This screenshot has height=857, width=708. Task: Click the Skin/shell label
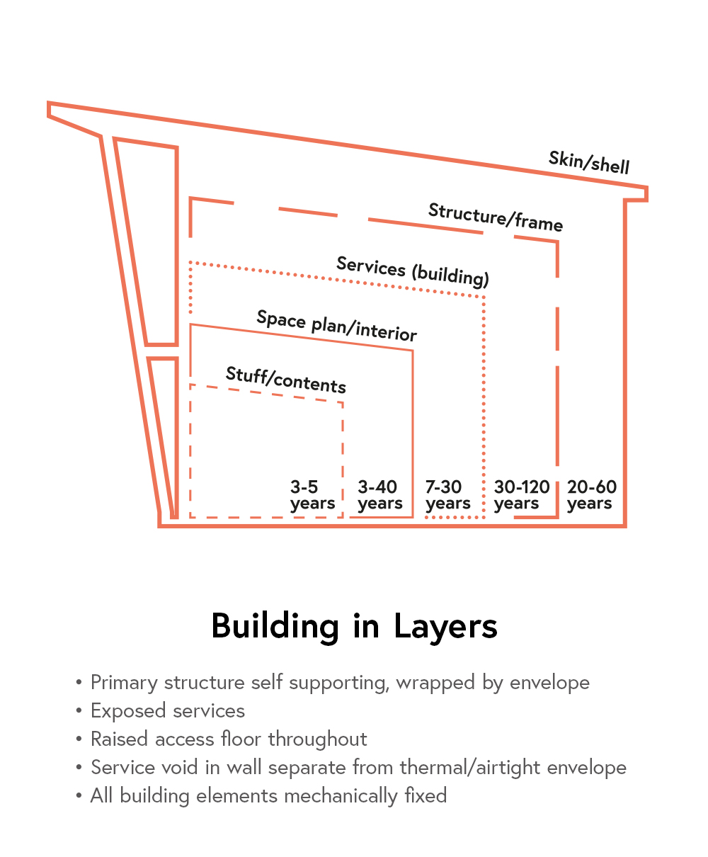(x=589, y=162)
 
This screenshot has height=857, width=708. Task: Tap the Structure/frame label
(x=496, y=217)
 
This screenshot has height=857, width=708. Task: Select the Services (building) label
(x=413, y=271)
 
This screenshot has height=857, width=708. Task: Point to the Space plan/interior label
(x=336, y=326)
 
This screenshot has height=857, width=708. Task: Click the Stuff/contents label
(x=285, y=380)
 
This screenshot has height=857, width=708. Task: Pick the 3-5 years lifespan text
(x=312, y=495)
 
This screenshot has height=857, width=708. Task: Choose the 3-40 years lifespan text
(x=379, y=495)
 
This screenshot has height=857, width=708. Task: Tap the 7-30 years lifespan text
(x=447, y=495)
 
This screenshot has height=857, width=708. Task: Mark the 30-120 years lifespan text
(x=522, y=495)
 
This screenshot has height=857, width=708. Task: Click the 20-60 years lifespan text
(x=592, y=495)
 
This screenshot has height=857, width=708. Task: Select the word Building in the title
(x=275, y=627)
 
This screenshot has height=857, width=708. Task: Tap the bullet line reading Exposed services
(x=168, y=711)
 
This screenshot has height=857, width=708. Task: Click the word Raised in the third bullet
(x=119, y=739)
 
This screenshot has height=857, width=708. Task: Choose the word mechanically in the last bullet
(x=341, y=796)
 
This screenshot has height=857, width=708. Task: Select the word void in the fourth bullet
(x=180, y=768)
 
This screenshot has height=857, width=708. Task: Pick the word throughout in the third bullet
(x=317, y=739)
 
